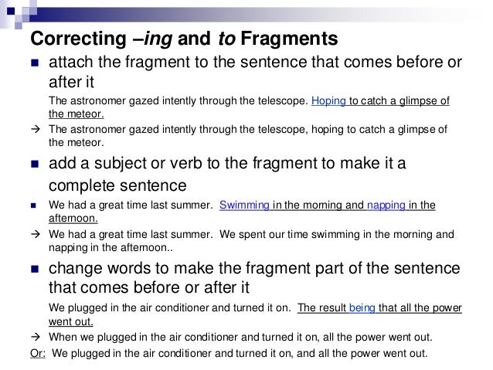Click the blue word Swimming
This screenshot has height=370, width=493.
(x=246, y=205)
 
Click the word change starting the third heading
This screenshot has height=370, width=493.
(x=75, y=268)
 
